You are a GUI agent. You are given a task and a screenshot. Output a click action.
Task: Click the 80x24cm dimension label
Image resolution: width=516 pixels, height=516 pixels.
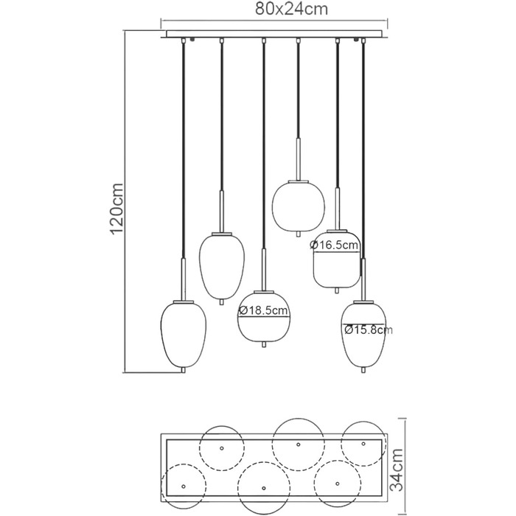[x=292, y=9]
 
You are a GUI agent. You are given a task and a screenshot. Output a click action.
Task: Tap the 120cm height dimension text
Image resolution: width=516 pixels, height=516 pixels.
[x=116, y=209]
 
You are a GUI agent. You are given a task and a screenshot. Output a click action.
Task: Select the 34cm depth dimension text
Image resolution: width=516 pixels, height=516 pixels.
[x=397, y=470]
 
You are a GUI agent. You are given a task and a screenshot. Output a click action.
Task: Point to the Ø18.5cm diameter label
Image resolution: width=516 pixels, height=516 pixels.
[x=263, y=310]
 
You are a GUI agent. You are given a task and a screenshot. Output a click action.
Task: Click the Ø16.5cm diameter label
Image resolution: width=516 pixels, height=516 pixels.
[x=334, y=245]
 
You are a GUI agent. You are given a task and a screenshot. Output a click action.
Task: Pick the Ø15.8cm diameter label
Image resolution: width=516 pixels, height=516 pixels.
[x=369, y=330]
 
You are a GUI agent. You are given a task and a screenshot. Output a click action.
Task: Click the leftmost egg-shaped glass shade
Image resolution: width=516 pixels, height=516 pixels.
[x=184, y=334]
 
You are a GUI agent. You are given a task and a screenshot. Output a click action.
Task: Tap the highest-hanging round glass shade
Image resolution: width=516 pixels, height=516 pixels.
[x=298, y=206]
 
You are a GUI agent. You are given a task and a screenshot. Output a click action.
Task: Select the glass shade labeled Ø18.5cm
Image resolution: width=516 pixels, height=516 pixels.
[x=264, y=316]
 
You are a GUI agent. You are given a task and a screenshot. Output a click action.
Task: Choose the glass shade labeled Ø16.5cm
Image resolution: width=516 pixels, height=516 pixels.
[x=336, y=259]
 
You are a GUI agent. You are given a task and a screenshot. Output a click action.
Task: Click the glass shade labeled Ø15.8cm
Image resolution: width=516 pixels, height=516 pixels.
[x=363, y=334]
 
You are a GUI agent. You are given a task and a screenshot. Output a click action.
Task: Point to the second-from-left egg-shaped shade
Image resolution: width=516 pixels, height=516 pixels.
[x=221, y=266]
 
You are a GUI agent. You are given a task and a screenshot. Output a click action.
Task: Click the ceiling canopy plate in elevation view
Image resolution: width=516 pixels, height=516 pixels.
[x=273, y=34]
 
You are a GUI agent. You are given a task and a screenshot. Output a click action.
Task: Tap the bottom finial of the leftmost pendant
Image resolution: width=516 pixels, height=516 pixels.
[x=184, y=370]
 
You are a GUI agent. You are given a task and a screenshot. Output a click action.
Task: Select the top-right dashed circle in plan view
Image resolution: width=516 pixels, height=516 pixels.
[x=363, y=444]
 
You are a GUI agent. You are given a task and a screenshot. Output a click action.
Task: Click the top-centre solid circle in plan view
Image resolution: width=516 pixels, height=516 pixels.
[x=298, y=444]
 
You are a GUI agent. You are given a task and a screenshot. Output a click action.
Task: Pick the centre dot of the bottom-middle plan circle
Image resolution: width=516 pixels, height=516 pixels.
[x=264, y=488]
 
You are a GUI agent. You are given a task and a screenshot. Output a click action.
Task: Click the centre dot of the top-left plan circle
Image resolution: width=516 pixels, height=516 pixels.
[x=221, y=448]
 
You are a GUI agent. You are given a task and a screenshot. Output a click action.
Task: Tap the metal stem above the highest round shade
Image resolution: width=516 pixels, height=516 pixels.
[x=298, y=159]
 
